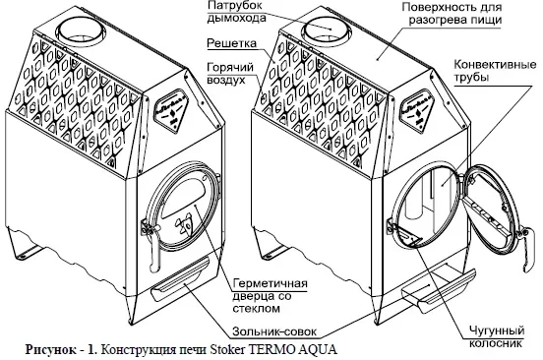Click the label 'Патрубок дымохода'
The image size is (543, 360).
[236, 12]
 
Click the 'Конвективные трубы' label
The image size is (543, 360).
[495, 70]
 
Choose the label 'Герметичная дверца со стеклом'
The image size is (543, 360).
[270, 296]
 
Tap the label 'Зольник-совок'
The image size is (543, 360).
[274, 331]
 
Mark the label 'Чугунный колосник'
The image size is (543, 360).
[497, 336]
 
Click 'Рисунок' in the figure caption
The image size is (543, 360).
[51, 349]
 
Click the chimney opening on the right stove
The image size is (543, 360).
[327, 30]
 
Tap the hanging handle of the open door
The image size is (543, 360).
[525, 249]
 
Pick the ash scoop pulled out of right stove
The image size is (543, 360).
[437, 289]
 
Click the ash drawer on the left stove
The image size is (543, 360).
[180, 278]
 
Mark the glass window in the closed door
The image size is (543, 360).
[183, 199]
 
